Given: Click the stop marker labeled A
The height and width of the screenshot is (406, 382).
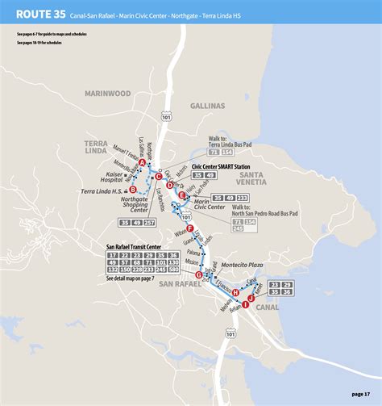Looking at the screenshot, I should (142, 163).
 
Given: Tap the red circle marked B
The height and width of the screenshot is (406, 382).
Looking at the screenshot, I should (131, 189).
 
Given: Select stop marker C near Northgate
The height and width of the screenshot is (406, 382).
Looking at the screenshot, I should (159, 176).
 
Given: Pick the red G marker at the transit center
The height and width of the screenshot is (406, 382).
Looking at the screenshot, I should (198, 274).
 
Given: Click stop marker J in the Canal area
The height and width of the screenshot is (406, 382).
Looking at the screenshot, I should (251, 298).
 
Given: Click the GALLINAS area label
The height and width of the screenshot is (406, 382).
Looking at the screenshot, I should (211, 106).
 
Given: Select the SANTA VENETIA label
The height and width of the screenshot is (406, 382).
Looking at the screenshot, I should (256, 178).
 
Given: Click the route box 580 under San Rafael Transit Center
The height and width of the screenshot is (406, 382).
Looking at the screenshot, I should (174, 270).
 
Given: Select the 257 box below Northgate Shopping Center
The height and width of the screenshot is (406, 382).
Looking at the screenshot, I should (150, 222).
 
